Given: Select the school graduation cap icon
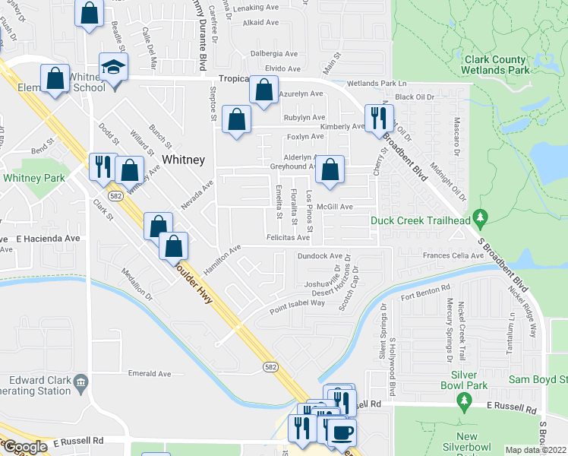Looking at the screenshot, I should coord(114,68).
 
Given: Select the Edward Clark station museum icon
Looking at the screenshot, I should coord(81,381).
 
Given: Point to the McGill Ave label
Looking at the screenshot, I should coord(335,207).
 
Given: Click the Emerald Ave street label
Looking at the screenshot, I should coord(150,374).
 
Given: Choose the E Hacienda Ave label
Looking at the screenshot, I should coord(47,238).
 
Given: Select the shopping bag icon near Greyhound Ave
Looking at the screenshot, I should coord(330,170).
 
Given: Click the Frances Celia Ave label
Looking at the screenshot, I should coord(453,256).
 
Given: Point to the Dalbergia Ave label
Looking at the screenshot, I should coord(276,54).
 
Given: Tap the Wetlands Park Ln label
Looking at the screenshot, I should coord(377,84).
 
